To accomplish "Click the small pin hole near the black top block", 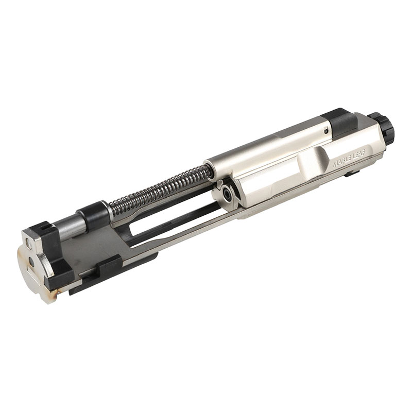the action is click(327, 130).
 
